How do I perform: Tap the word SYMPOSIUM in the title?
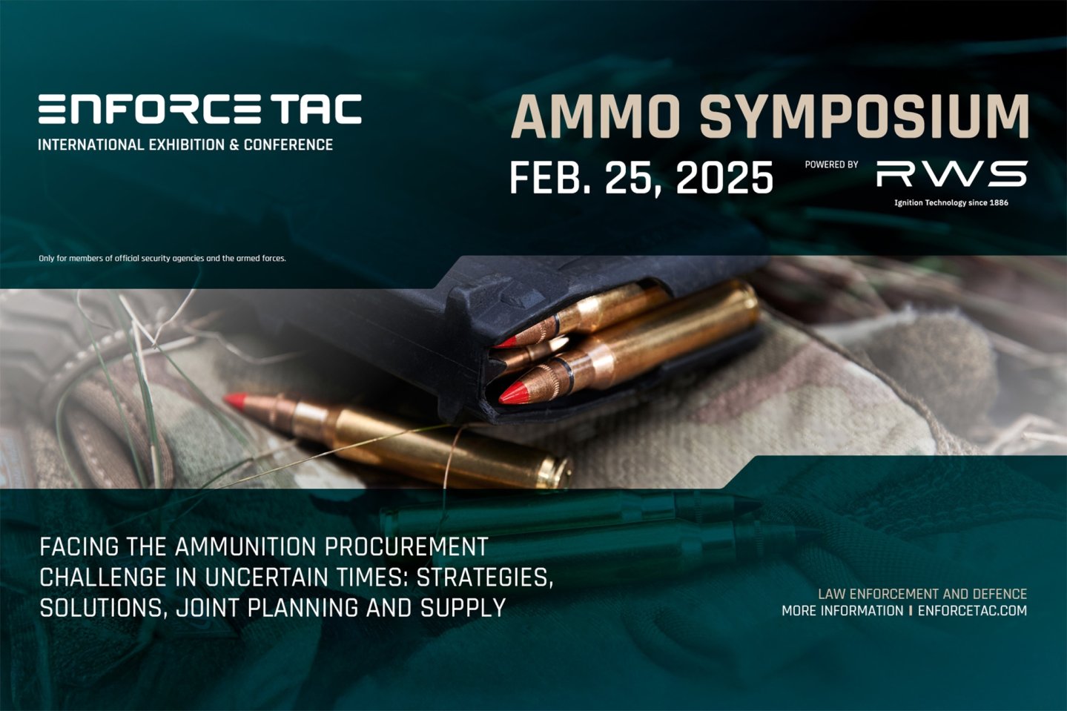864,117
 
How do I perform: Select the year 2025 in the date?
724,178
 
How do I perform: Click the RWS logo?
951,174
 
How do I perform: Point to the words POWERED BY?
831,165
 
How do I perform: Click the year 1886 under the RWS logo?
999,202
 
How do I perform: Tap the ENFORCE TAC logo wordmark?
199,109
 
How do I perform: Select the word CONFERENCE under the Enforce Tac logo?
288,145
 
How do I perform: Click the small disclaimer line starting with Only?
162,258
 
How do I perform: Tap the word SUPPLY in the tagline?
463,608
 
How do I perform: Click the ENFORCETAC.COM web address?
972,611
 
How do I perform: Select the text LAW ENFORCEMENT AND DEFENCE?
922,594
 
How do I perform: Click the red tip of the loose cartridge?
236,400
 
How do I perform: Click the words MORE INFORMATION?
842,611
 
